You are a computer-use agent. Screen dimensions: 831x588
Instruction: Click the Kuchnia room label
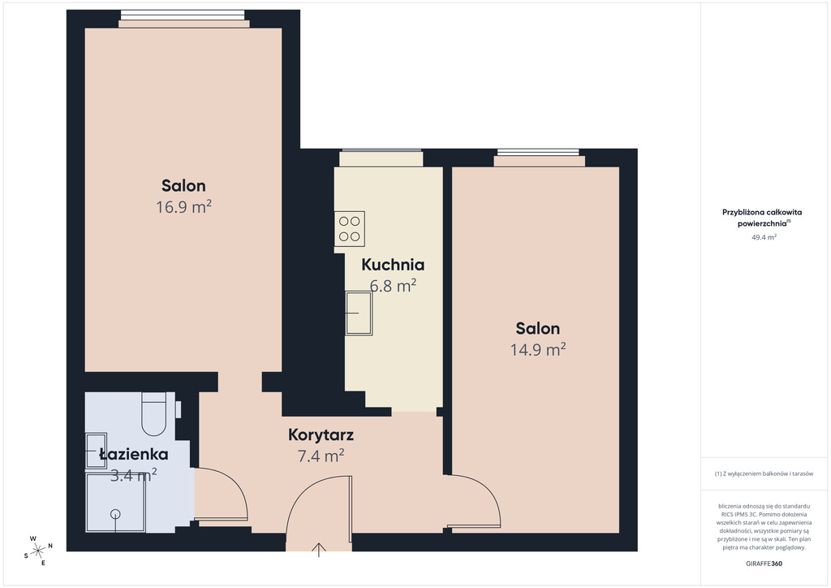[x=393, y=265]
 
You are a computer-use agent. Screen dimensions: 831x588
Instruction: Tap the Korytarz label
[x=321, y=435]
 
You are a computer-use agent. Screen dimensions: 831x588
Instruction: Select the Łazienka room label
[x=134, y=454]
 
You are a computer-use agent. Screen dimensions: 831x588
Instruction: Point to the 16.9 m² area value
[x=184, y=206]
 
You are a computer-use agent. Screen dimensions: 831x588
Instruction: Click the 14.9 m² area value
[x=538, y=349]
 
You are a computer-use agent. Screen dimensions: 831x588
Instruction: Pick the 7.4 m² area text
[x=321, y=456]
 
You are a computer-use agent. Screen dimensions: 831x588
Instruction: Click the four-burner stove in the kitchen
[x=349, y=229]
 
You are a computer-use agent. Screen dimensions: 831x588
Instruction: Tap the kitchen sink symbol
[x=359, y=313]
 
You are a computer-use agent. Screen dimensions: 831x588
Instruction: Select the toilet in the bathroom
[x=153, y=414]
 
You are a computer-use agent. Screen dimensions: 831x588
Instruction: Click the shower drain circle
[x=115, y=514]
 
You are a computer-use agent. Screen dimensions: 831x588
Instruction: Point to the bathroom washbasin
[x=96, y=451]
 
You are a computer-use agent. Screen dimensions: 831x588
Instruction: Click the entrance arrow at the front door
[x=318, y=550]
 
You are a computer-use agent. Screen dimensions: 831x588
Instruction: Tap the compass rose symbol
[x=38, y=551]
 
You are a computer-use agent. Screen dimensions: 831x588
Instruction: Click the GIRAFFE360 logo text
[x=764, y=564]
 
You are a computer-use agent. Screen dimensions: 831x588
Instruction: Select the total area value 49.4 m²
[x=764, y=237]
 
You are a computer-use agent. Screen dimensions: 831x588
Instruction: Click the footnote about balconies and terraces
[x=764, y=474]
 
